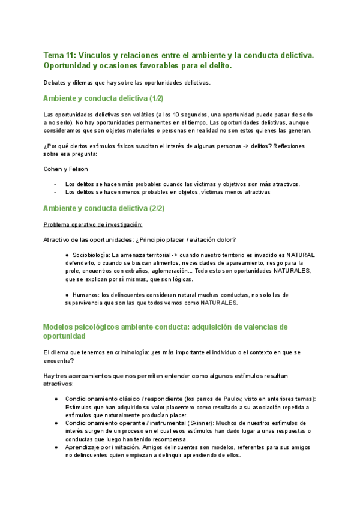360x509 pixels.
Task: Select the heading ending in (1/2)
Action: (104, 98)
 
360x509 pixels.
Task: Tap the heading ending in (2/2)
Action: (104, 208)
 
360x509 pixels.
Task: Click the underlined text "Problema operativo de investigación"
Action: (93, 224)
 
